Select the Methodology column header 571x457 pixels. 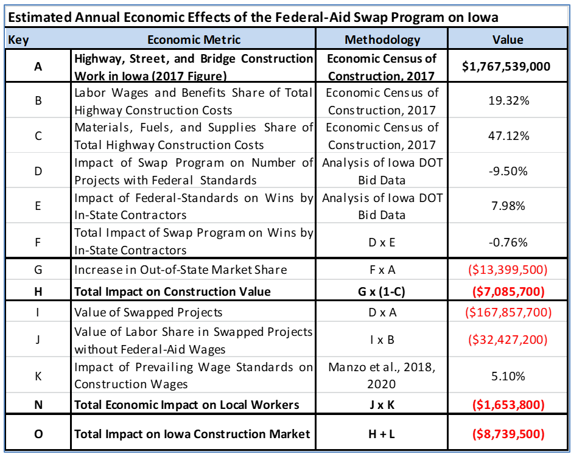click(x=382, y=40)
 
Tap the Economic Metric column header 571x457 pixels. click(x=194, y=40)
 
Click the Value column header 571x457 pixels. click(x=507, y=40)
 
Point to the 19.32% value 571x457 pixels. click(x=508, y=101)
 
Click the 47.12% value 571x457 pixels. click(x=508, y=136)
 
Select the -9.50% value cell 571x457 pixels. click(x=507, y=172)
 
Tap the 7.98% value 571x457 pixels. click(x=508, y=206)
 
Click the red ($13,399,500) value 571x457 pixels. click(x=507, y=270)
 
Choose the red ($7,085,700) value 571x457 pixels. click(x=507, y=291)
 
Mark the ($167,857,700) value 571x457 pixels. click(x=507, y=313)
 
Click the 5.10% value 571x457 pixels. click(x=508, y=376)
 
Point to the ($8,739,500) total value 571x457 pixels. click(x=507, y=434)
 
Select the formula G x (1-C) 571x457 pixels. click(x=382, y=291)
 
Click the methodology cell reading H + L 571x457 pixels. click(x=382, y=434)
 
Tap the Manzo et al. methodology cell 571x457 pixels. click(x=382, y=376)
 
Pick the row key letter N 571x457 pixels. click(x=38, y=405)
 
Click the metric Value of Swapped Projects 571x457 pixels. click(x=148, y=313)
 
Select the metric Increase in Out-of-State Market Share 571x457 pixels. click(x=181, y=270)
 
